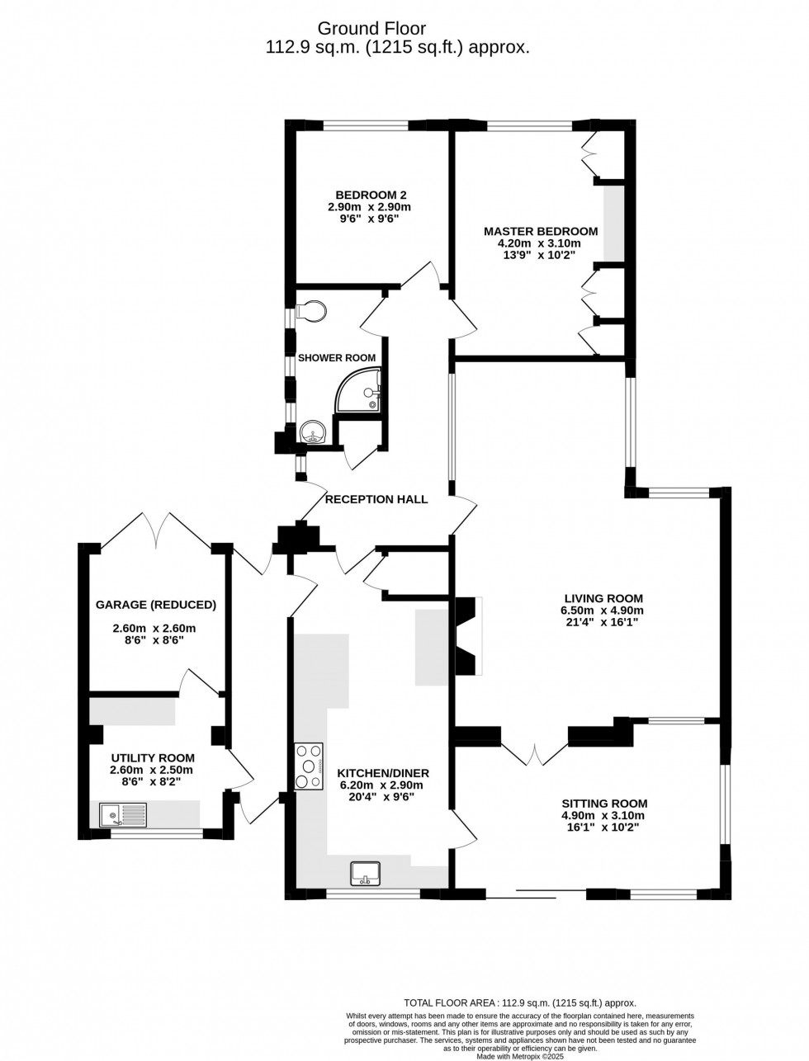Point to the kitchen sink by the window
364,871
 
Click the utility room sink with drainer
122,815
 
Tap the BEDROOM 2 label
369,195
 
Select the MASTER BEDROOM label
541,231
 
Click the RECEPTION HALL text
376,499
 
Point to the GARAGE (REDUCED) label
156,605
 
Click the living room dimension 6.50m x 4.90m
603,611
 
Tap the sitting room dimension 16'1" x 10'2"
604,827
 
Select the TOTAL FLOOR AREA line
520,1002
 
